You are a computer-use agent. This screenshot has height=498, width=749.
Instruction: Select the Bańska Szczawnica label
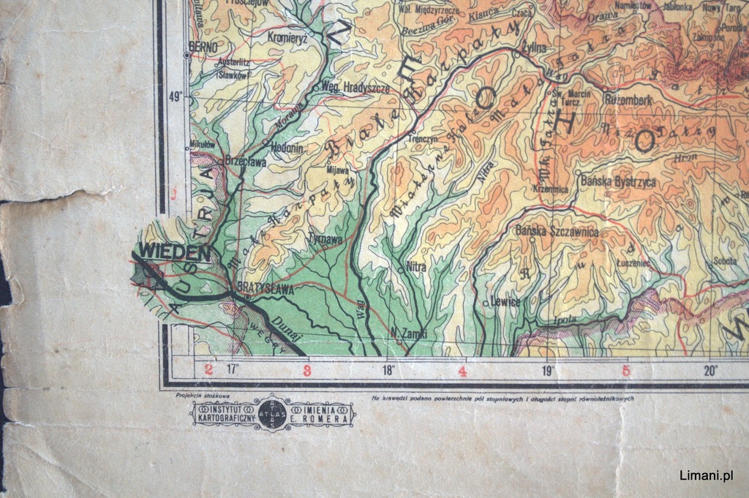557,232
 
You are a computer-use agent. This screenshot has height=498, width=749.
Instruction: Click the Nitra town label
415,267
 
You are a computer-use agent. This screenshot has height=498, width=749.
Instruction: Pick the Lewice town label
505,301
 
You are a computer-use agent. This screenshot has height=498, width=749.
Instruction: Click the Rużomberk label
629,99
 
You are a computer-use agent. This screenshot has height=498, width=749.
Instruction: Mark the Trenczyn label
422,137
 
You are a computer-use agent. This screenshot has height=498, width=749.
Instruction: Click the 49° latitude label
176,95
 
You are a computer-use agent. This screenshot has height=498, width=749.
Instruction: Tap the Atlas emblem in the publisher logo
273,414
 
